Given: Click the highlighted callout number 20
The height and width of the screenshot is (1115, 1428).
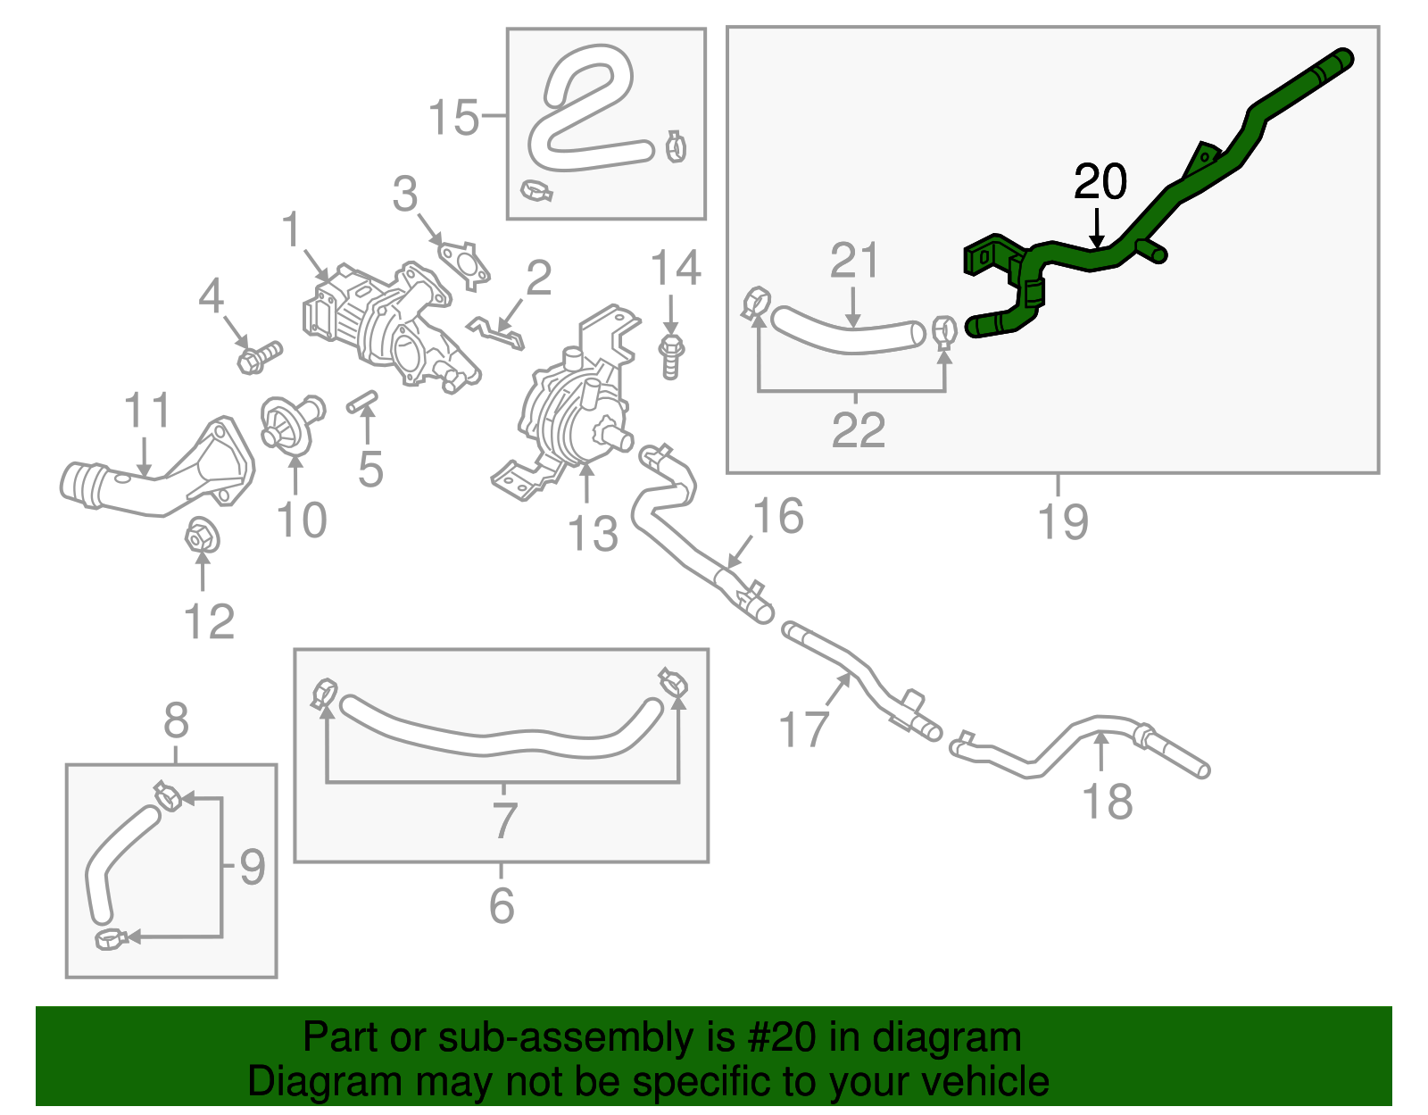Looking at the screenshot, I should pyautogui.click(x=1100, y=182).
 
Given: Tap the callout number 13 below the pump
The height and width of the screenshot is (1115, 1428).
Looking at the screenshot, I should pyautogui.click(x=592, y=534).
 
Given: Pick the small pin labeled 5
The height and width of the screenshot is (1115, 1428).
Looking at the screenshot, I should pyautogui.click(x=361, y=403).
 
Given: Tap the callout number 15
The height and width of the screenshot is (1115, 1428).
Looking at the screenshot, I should pyautogui.click(x=453, y=117).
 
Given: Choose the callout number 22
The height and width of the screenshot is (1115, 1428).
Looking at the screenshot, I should pyautogui.click(x=858, y=430).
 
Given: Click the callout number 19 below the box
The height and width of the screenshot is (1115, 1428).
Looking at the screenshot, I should pyautogui.click(x=1062, y=521).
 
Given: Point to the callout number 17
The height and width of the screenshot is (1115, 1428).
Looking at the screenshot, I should pyautogui.click(x=803, y=728).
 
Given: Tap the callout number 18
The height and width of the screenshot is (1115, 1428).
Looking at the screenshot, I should pyautogui.click(x=1107, y=801).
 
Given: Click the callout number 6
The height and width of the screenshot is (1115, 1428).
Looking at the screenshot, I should pyautogui.click(x=502, y=905).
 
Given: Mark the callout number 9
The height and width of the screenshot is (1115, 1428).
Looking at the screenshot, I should pyautogui.click(x=253, y=867).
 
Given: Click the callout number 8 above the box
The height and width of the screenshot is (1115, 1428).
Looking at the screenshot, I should pyautogui.click(x=176, y=719).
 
